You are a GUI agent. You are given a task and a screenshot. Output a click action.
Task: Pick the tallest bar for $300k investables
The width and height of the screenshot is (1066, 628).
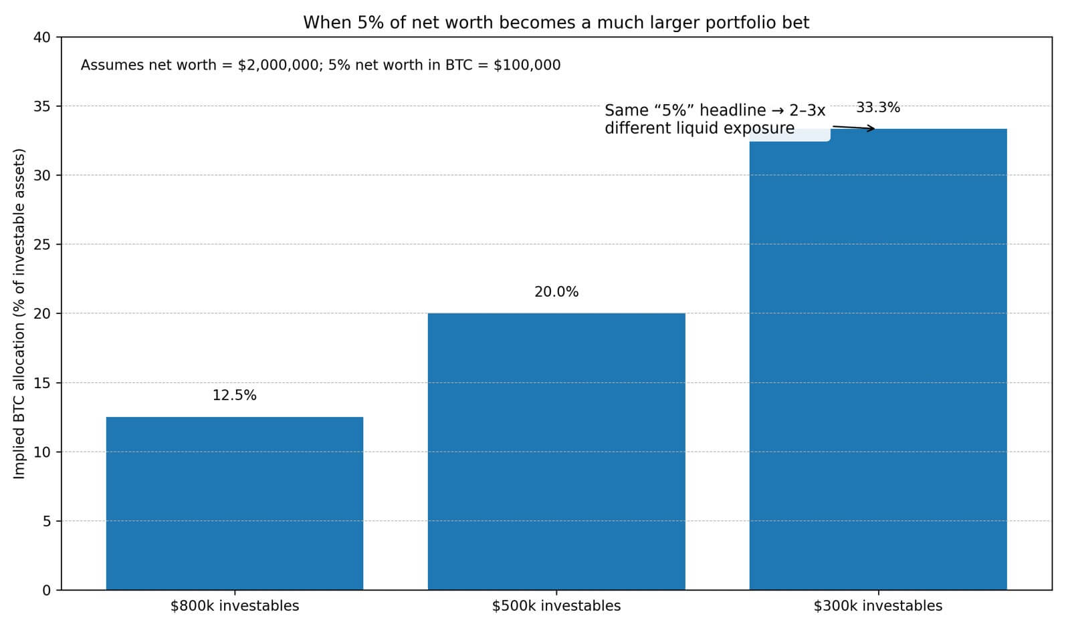pos(877,361)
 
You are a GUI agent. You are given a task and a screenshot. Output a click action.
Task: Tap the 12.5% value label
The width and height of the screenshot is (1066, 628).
pos(234,396)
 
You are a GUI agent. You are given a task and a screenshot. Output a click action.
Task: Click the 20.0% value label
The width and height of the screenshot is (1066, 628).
pos(556,292)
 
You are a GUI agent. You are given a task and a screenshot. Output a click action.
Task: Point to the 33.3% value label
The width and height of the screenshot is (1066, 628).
pos(877,108)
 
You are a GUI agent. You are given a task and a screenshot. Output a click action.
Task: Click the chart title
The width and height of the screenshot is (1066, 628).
pos(556,23)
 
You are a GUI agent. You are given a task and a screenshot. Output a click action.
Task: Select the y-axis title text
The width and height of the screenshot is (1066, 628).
pos(19,313)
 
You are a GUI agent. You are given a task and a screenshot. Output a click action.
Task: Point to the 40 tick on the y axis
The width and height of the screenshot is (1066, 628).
pos(41,37)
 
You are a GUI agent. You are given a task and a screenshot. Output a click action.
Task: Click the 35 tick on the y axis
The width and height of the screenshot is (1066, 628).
pos(41,106)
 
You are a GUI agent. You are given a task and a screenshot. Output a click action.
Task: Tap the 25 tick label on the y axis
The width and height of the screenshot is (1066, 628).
pos(41,245)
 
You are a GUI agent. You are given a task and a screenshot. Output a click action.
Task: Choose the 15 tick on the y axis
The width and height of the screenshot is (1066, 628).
pos(41,383)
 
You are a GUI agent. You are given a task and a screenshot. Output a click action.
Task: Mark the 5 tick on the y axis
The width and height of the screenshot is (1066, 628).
pos(46,521)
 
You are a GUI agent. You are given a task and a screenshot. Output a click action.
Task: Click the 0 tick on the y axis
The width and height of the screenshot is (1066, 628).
pos(46,590)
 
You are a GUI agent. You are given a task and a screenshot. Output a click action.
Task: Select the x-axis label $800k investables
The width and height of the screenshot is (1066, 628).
pos(234,606)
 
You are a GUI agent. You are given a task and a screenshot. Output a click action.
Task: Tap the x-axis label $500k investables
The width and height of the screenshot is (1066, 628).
pos(556,606)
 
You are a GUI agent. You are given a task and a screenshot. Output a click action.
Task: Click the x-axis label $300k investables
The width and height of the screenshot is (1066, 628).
pos(877,606)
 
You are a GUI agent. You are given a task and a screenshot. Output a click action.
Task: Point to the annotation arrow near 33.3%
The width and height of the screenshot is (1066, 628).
pos(853,128)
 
